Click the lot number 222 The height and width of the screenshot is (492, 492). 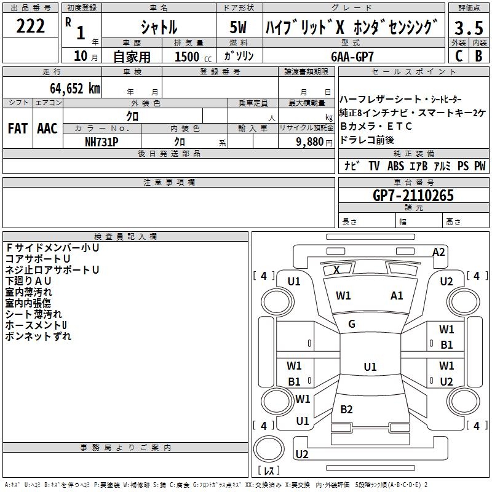30,26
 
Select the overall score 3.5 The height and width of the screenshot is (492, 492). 468,28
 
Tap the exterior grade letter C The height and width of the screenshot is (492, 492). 458,55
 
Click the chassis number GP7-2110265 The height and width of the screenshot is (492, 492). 413,196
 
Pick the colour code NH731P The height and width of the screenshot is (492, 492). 101,141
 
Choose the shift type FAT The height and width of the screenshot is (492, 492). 17,129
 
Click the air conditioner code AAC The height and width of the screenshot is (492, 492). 47,129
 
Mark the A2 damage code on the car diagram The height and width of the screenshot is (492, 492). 438,252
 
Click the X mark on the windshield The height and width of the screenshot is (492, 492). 336,269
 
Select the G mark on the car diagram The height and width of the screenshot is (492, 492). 352,324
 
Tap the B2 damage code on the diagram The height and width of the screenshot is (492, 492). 347,410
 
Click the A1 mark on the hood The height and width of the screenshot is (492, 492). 397,295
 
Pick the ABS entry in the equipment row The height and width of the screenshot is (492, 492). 395,166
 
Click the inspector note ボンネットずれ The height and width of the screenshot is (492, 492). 38,336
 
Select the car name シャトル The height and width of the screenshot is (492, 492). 159,28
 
